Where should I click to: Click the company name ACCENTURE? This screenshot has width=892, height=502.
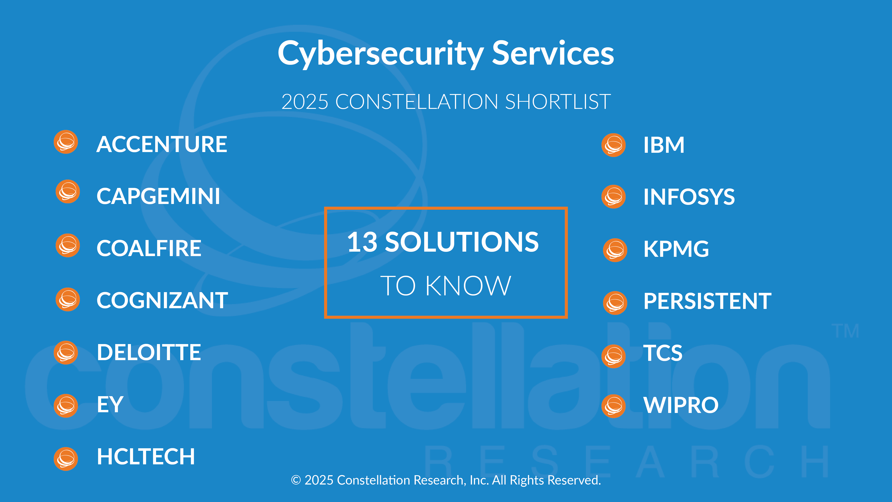162,144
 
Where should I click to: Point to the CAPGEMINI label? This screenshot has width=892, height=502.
158,196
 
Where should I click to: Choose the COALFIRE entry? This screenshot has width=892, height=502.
149,248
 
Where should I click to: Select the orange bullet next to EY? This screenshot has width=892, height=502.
66,406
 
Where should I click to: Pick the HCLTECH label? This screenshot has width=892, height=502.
146,456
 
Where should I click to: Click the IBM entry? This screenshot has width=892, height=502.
664,145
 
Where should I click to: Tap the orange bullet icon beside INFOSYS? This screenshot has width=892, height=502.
614,196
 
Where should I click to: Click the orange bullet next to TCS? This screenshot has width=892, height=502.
614,356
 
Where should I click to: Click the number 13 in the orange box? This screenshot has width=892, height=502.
362,242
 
